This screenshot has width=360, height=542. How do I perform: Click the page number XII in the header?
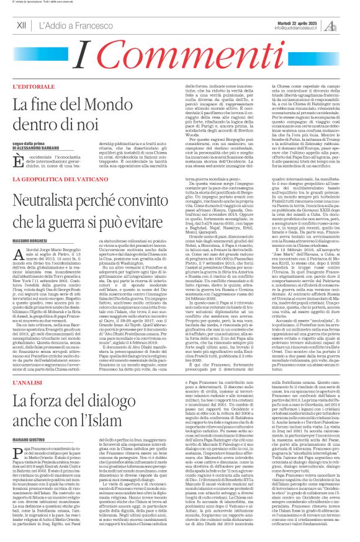coord(21,25)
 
